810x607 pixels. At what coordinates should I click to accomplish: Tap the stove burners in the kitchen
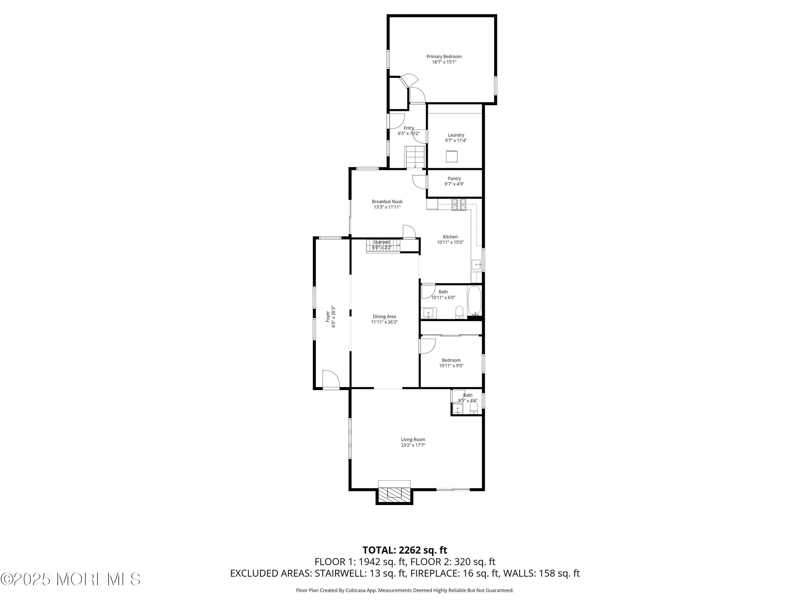coord(459,205)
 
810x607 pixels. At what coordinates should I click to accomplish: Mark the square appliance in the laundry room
coord(452,156)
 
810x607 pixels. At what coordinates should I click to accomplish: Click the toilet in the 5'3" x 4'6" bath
coord(474,409)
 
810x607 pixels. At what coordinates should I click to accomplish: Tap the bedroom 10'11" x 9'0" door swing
coord(427,346)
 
